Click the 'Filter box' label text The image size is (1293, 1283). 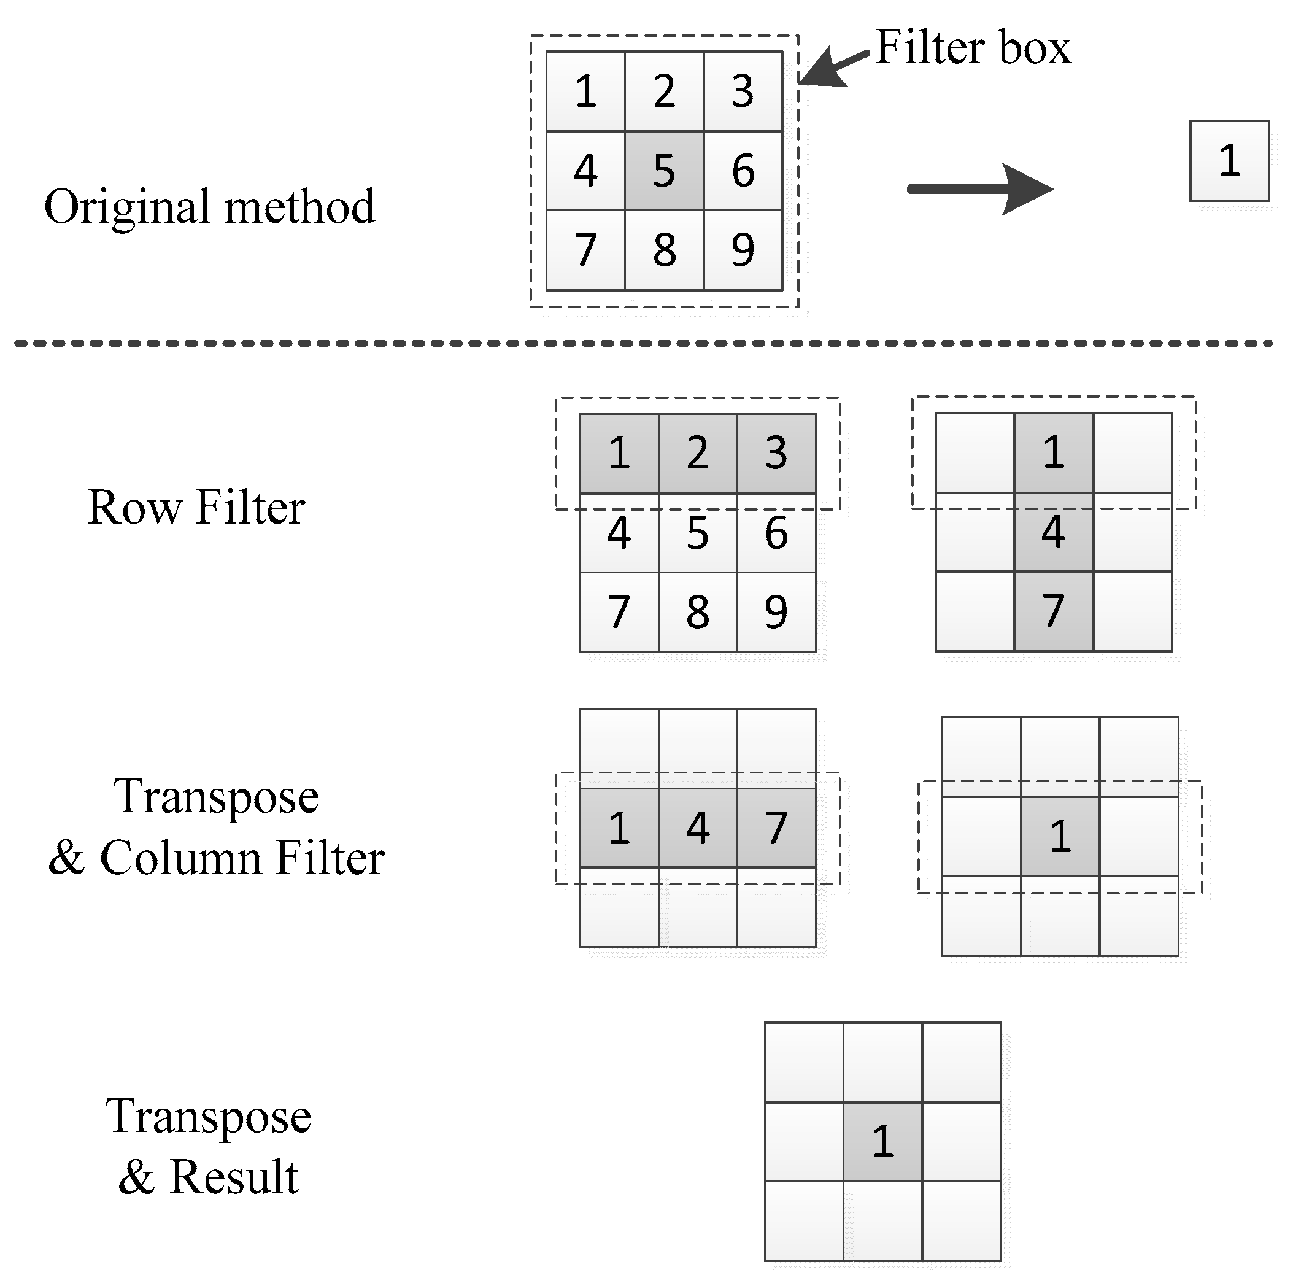click(x=973, y=48)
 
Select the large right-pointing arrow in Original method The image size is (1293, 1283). click(x=980, y=190)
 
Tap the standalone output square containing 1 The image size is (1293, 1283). click(x=1229, y=161)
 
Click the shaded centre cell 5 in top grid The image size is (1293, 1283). click(x=664, y=171)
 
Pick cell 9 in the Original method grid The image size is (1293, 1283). click(x=743, y=250)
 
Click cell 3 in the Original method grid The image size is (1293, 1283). click(x=743, y=91)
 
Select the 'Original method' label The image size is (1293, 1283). click(x=209, y=206)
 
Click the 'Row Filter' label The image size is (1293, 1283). click(x=196, y=507)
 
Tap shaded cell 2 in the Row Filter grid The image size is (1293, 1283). click(x=697, y=452)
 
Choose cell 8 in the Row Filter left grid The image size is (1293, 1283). click(x=697, y=611)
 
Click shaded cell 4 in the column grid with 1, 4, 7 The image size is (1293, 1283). click(x=1054, y=532)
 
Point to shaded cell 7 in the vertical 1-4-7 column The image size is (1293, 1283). click(x=1054, y=611)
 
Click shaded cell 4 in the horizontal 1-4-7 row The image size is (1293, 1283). click(x=697, y=828)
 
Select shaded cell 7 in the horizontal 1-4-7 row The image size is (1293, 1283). click(x=776, y=828)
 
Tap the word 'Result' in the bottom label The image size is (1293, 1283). click(x=233, y=1177)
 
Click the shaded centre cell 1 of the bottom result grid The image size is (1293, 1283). click(x=882, y=1142)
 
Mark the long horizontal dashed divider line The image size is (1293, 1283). click(x=643, y=344)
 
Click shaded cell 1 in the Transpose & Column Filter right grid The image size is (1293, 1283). click(x=1060, y=835)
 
